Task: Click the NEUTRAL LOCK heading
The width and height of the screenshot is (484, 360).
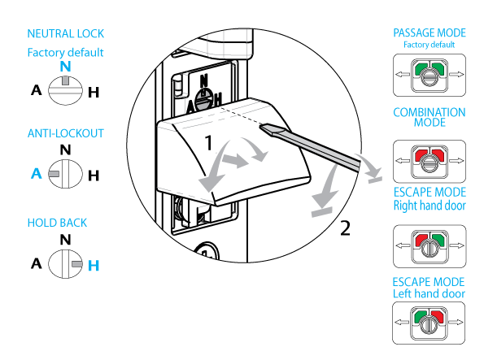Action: tap(65, 33)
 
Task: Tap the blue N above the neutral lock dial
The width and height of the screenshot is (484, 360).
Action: tap(65, 67)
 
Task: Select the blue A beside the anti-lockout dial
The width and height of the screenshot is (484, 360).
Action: tap(37, 173)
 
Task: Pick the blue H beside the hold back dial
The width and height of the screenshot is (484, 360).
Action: tap(94, 266)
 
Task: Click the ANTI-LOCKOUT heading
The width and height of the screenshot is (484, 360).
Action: tap(65, 133)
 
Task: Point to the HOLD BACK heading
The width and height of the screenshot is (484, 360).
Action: tap(57, 223)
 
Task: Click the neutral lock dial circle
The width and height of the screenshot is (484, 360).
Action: tap(65, 91)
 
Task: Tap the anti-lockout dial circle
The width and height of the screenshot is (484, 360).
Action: tap(65, 174)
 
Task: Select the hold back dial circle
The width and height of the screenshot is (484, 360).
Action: tap(65, 264)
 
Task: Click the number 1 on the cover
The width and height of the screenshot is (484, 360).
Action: tap(209, 142)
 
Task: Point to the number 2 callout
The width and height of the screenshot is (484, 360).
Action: tap(346, 228)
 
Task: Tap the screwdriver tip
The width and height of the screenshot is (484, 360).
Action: tap(262, 127)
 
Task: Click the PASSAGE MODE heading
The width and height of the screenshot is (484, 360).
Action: tap(429, 33)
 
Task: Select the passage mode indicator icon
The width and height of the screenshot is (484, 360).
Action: tap(429, 76)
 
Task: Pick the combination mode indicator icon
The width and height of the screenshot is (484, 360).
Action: tap(429, 162)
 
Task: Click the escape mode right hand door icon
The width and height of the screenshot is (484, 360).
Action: tap(429, 246)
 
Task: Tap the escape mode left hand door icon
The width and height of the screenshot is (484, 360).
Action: tap(429, 323)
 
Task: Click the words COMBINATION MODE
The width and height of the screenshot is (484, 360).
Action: tap(429, 118)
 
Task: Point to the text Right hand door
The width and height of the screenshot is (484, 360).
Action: tap(429, 206)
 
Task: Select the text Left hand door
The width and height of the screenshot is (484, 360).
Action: tap(429, 293)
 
